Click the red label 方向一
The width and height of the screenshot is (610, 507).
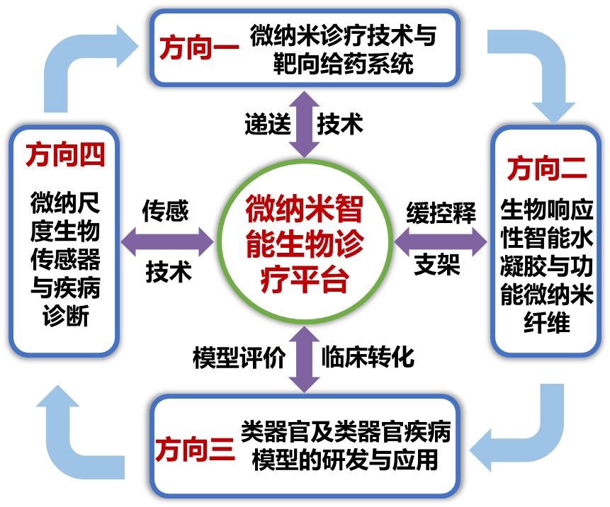coord(196,48)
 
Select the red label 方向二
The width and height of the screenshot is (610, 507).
coord(546,169)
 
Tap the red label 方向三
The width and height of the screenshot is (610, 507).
coord(194,449)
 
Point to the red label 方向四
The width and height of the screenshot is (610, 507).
coord(64,154)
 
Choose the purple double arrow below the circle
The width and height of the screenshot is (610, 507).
coord(305,360)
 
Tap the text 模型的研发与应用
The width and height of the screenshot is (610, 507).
coord(345,460)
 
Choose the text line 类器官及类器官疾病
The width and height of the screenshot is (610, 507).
coord(345,430)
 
